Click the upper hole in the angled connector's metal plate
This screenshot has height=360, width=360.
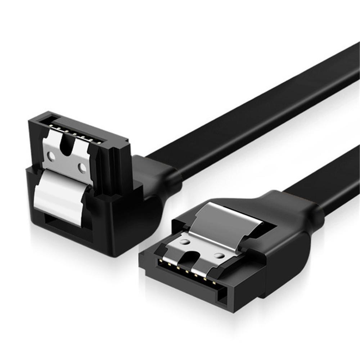51,156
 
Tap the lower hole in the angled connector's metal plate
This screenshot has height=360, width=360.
83,168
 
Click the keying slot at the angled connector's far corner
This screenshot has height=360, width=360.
47,119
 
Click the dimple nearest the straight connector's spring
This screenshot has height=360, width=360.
185,242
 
